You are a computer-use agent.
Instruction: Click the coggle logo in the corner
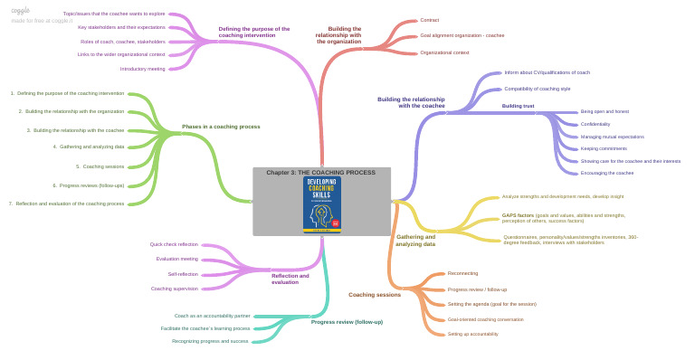point(20,10)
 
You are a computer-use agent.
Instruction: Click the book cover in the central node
point(322,205)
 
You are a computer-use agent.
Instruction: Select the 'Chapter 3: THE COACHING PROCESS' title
point(321,172)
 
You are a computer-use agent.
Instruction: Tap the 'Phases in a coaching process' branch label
point(221,127)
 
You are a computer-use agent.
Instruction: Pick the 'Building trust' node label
point(518,106)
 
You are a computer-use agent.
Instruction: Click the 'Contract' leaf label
point(430,20)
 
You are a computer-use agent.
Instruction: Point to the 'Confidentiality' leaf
point(595,124)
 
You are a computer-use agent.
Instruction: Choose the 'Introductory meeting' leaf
point(143,69)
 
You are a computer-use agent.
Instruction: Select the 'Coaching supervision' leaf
point(175,289)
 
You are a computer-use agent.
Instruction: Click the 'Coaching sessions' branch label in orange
point(375,294)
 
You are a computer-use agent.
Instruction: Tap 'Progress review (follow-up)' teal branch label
point(347,322)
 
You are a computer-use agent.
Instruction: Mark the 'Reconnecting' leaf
point(462,273)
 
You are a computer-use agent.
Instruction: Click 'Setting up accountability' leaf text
point(472,334)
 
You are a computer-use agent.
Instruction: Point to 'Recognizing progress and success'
point(210,341)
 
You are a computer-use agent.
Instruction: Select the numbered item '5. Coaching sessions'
point(100,166)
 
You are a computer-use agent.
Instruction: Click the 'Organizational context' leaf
point(444,52)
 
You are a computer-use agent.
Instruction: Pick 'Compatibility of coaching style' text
point(537,89)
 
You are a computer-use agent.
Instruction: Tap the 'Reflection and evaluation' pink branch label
point(290,279)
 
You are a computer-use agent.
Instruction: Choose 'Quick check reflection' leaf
point(174,244)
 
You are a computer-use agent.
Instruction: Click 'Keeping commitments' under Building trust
point(604,148)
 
